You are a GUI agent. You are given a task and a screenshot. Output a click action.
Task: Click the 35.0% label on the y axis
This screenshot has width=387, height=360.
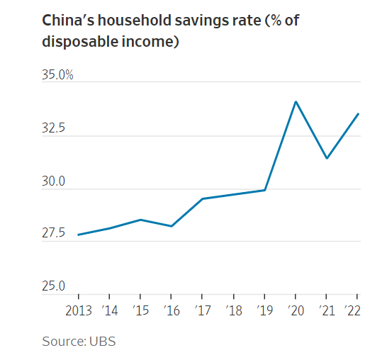point(57,74)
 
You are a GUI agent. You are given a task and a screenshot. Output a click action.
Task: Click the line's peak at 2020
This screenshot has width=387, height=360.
point(296,101)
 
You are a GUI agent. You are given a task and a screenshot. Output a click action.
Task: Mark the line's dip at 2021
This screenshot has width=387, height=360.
point(326,158)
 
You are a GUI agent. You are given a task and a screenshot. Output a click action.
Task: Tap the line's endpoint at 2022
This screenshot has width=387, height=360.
point(358,113)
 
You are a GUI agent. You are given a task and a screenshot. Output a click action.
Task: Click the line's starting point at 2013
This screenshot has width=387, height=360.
point(79,235)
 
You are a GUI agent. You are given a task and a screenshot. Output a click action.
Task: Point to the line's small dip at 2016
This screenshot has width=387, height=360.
point(172,226)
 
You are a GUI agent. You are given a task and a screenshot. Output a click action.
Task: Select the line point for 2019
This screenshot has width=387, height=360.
point(264,190)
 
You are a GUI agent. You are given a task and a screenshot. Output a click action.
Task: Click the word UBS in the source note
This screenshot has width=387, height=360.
point(102,342)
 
